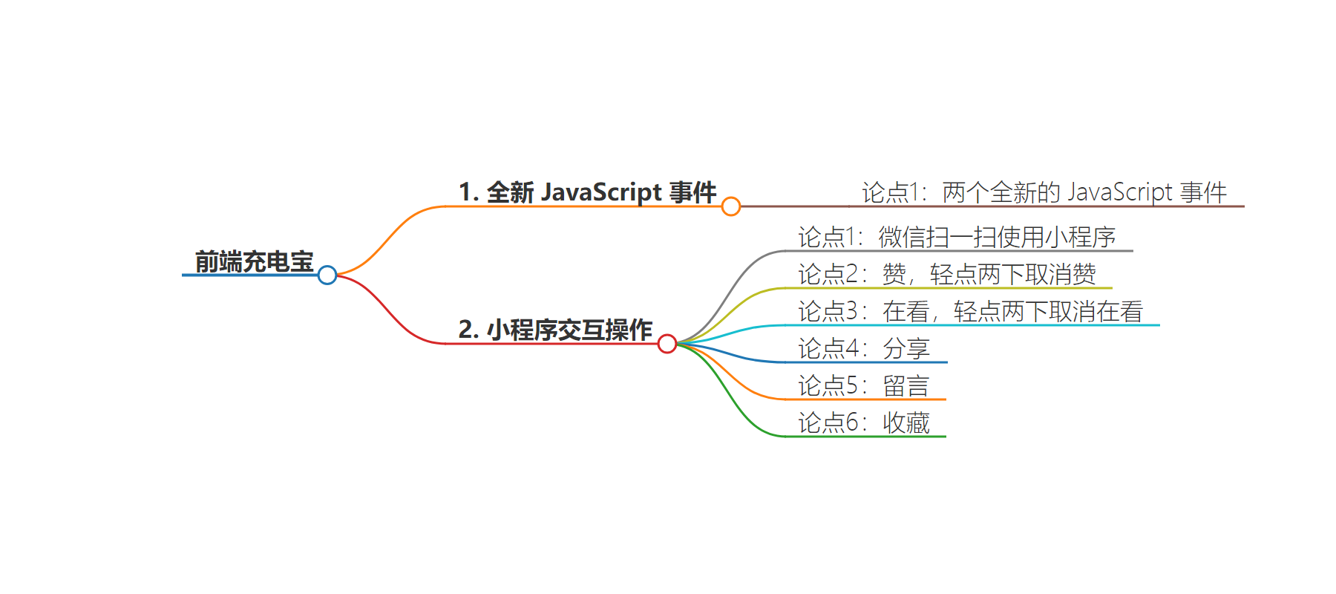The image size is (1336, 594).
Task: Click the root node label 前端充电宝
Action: tap(254, 261)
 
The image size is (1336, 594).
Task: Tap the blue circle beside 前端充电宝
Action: tap(327, 275)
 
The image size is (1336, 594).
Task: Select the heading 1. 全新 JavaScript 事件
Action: tap(587, 192)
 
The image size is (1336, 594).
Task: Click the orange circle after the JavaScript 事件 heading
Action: tap(731, 206)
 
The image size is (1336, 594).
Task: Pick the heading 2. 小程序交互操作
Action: tap(555, 330)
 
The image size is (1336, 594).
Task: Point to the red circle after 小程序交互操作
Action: tap(667, 344)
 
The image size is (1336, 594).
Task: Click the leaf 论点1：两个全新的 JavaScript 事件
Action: tap(1044, 192)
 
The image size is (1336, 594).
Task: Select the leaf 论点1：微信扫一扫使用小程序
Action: tap(957, 238)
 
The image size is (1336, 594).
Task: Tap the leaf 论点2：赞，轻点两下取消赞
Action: tap(947, 275)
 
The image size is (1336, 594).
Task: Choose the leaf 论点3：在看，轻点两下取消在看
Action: tap(970, 312)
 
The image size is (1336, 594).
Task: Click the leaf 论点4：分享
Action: tap(864, 349)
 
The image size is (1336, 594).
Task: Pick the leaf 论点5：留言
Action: tap(864, 386)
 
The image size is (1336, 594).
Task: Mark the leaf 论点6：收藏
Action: tap(864, 423)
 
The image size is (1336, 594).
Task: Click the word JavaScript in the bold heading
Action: tap(601, 192)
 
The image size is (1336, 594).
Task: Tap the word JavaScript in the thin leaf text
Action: tap(1119, 192)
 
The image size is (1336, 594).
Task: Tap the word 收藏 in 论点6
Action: tap(906, 423)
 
